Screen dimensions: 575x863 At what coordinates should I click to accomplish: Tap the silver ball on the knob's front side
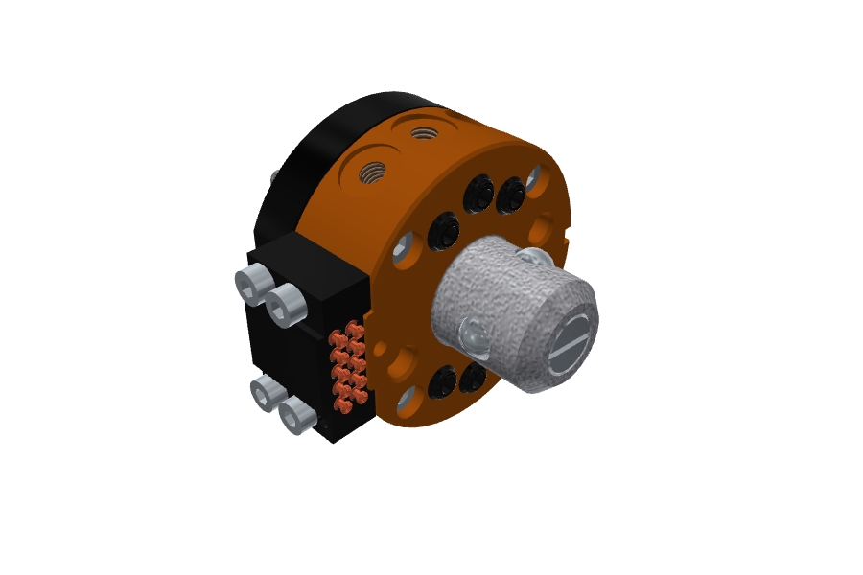[474, 334]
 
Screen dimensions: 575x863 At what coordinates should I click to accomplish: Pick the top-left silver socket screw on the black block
[251, 284]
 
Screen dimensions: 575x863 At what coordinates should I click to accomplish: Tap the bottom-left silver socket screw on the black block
[265, 393]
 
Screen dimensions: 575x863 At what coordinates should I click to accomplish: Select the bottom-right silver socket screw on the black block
[297, 416]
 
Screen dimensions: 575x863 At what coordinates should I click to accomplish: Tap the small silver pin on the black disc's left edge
[275, 177]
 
